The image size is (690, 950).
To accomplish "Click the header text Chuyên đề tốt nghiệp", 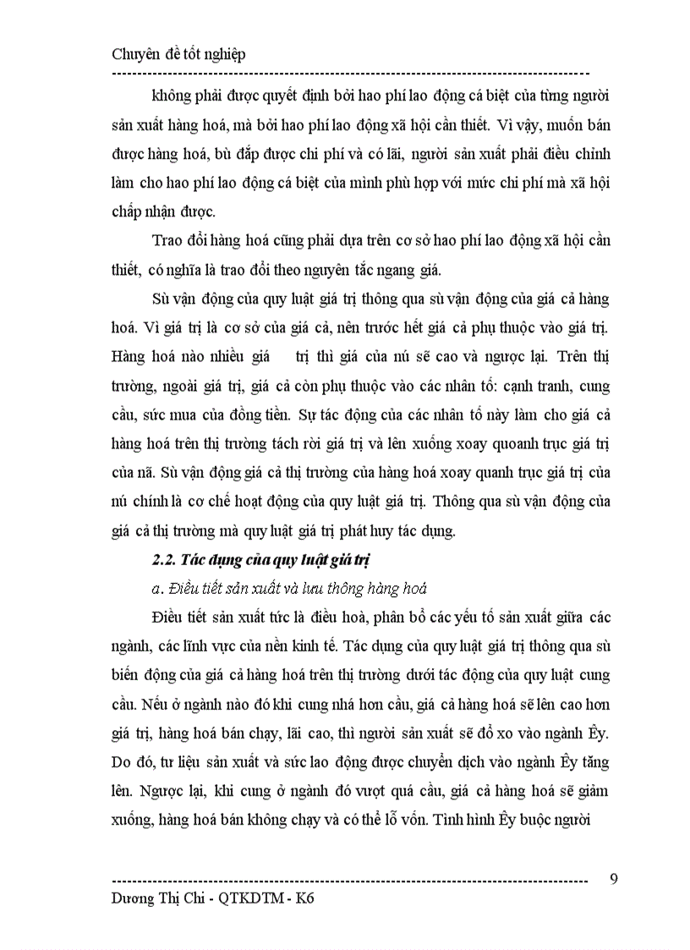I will coord(178,54).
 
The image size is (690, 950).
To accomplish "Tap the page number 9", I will coord(614,877).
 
